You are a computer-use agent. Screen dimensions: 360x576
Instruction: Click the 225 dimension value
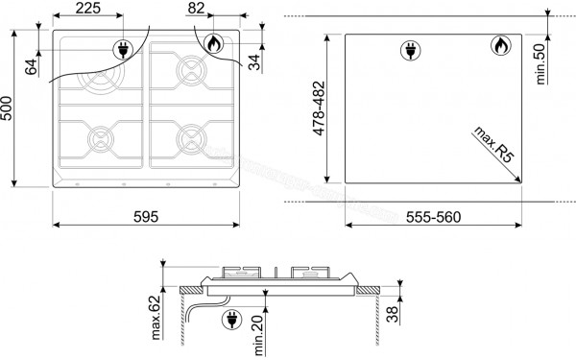click(x=87, y=10)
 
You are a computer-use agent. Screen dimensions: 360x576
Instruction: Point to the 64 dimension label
click(x=31, y=67)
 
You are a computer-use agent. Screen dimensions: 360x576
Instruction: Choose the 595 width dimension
click(x=145, y=216)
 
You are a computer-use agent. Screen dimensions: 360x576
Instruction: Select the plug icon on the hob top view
click(x=123, y=49)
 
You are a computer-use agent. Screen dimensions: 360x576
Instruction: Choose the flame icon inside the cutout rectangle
click(x=500, y=45)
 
